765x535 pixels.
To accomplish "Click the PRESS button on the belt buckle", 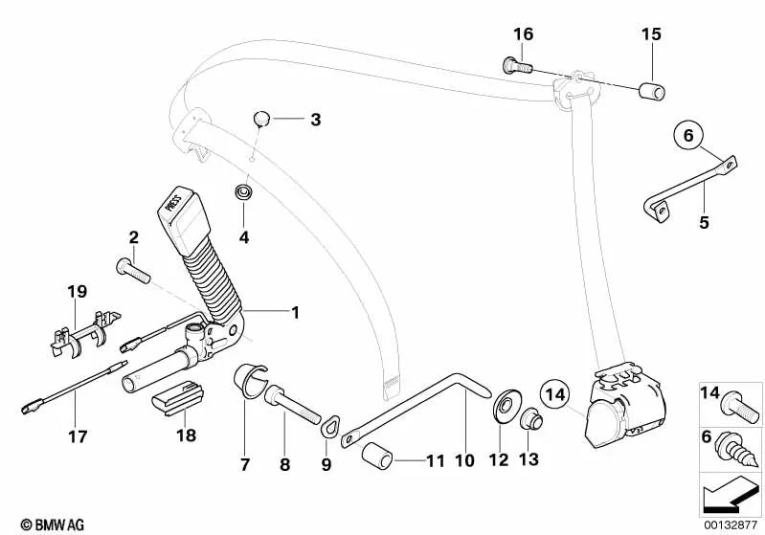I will (x=173, y=204).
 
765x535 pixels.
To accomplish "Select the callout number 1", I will (x=296, y=312).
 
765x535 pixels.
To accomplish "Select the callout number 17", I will (x=78, y=436).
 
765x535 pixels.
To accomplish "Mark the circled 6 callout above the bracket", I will (x=686, y=137).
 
